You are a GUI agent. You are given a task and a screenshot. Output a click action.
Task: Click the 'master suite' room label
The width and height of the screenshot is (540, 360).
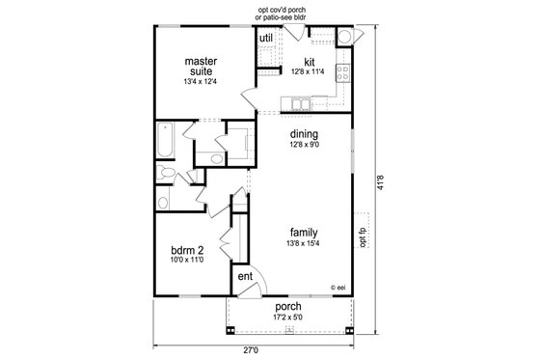point(202,66)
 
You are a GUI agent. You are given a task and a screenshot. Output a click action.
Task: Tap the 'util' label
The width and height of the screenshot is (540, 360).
point(266,38)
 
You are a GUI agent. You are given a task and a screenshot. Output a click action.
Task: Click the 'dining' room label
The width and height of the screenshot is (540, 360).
point(304,133)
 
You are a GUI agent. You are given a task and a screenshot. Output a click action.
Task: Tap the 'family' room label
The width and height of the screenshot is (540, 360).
point(304,233)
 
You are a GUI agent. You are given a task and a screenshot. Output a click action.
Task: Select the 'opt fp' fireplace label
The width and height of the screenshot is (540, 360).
point(363,235)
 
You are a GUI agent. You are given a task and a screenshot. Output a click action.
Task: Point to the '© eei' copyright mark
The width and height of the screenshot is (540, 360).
point(337,287)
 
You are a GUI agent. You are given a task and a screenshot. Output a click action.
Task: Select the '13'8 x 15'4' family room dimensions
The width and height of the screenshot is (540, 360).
point(304,245)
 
